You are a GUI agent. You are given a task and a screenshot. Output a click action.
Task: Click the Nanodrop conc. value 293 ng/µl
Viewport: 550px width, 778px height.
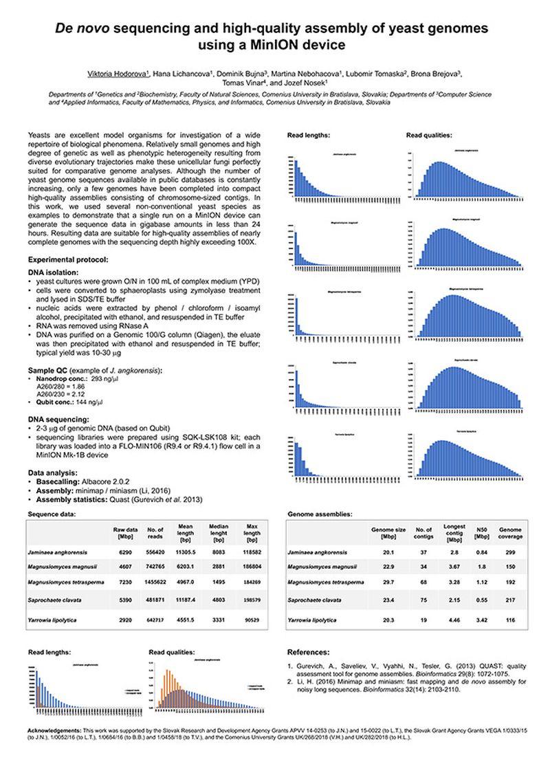point(107,380)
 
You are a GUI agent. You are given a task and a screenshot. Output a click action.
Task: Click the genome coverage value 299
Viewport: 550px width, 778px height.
point(510,552)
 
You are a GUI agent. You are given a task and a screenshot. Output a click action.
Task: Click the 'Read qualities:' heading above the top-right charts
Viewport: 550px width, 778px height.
point(430,136)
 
